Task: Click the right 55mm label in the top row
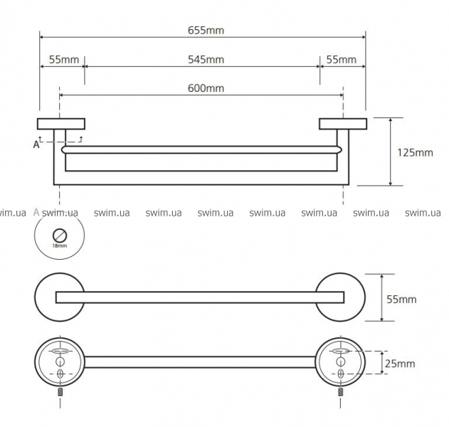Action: pos(342,59)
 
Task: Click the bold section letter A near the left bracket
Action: pos(36,144)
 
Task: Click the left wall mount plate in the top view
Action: pos(61,123)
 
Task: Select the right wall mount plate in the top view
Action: pos(342,123)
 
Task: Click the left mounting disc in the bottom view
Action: pos(60,362)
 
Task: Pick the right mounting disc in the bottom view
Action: pos(342,362)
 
